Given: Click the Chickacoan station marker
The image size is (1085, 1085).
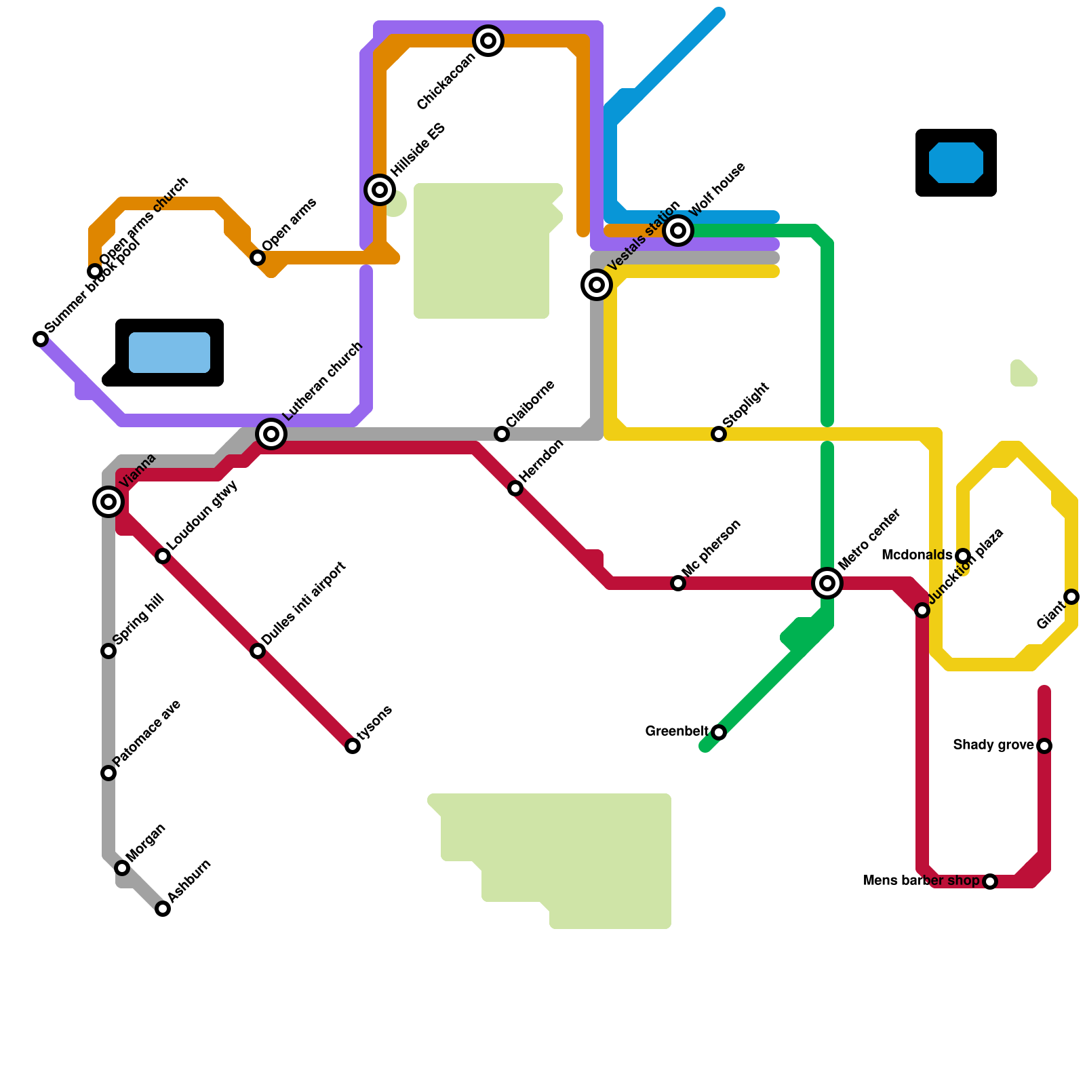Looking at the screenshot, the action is coord(488,41).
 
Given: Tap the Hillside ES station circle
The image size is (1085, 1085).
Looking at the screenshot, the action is coord(380,190).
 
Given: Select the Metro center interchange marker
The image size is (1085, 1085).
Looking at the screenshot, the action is coord(827,583).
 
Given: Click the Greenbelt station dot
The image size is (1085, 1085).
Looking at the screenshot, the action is coord(719,732).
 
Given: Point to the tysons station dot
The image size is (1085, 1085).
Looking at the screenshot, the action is coord(353,746).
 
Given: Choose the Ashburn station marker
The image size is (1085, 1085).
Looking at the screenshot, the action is coord(163,909).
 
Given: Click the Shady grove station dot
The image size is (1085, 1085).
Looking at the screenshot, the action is coord(1044,746).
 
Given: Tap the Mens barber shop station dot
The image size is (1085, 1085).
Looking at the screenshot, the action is coord(990,882).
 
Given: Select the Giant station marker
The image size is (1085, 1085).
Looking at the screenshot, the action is coord(1071,597).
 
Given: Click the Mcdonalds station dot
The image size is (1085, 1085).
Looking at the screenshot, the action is coord(963,556).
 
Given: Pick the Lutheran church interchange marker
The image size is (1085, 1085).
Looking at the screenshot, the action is coord(271,433).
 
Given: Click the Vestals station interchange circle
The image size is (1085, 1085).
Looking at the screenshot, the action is coord(597,285).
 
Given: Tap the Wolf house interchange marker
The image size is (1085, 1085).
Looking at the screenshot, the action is coord(678,231).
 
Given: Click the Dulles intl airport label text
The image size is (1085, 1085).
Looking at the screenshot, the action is coord(304,604).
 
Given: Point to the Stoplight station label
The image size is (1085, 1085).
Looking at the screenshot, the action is coord(746,405).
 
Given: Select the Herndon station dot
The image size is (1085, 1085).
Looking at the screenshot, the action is coord(515,488).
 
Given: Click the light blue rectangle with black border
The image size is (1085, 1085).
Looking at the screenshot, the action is coord(170,353).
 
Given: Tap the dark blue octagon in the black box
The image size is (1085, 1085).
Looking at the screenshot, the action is coord(956,163).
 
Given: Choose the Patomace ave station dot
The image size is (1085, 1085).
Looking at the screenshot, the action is coord(108,773).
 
